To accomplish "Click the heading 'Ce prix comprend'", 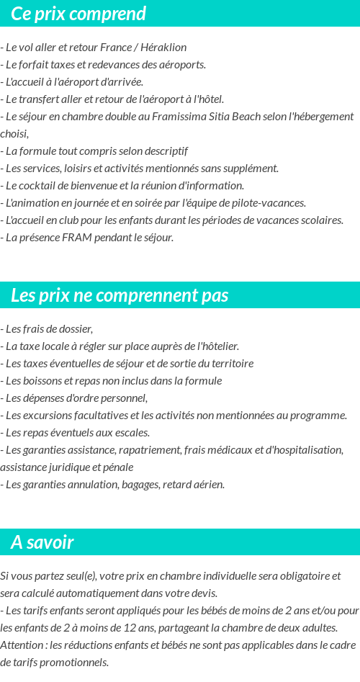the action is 78,14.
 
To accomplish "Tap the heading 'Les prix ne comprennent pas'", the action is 120,295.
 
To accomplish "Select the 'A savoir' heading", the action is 42,542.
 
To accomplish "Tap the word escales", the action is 130,433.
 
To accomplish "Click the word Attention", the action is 22,645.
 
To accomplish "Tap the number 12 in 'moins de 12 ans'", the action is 127,628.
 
